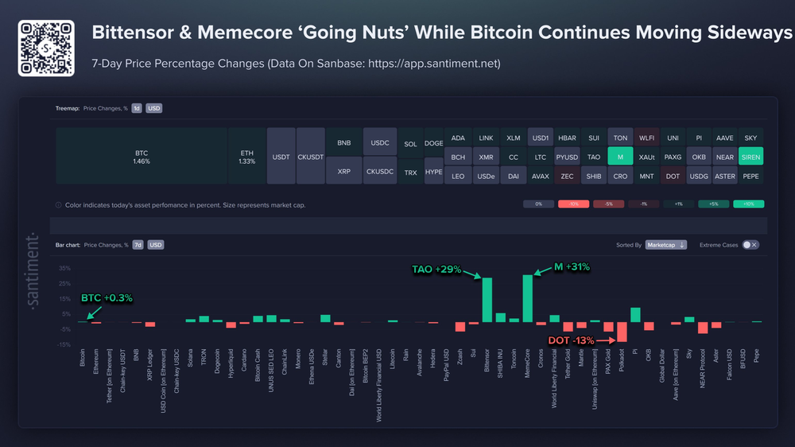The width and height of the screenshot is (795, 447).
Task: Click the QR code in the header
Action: click(x=46, y=48)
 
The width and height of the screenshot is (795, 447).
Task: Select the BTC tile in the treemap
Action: click(x=142, y=156)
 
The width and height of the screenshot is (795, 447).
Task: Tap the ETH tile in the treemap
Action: click(x=246, y=156)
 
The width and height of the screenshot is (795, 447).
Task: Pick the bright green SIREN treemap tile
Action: click(x=750, y=157)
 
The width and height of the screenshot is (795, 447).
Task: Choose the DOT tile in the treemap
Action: click(x=673, y=175)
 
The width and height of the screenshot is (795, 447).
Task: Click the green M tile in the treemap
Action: click(x=619, y=157)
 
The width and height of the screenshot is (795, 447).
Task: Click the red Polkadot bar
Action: click(x=622, y=332)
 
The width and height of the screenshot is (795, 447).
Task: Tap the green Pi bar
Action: click(x=635, y=315)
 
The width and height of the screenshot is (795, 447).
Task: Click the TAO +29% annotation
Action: click(x=436, y=269)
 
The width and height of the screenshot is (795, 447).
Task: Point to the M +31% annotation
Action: click(x=571, y=267)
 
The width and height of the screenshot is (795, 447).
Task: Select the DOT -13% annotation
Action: click(x=572, y=340)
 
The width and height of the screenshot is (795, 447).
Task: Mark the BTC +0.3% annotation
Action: click(x=107, y=298)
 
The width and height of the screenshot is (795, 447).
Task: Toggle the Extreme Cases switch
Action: click(x=750, y=245)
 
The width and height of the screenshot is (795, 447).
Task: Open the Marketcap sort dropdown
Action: click(x=665, y=245)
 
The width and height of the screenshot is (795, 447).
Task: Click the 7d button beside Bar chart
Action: click(x=138, y=245)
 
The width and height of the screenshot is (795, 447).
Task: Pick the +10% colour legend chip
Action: click(x=747, y=204)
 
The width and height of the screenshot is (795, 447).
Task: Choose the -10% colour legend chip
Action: click(x=572, y=204)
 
